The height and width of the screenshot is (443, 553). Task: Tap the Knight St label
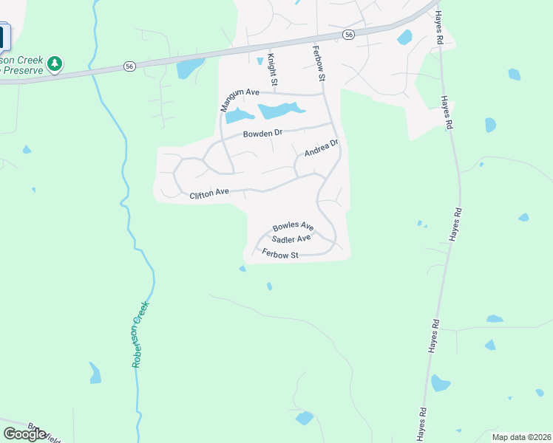click(x=271, y=68)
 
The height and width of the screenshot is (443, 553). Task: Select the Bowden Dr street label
click(x=262, y=134)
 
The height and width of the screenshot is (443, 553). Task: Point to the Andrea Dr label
click(x=322, y=149)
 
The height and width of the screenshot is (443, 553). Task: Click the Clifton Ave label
click(x=209, y=194)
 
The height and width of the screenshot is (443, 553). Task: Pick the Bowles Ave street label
click(x=293, y=227)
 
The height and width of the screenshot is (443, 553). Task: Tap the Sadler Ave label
click(x=291, y=239)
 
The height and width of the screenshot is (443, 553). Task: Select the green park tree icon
click(x=54, y=64)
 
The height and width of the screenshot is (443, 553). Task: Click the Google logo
click(x=24, y=433)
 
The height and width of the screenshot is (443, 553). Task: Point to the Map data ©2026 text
click(x=520, y=437)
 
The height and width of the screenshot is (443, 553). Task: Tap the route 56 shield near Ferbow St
click(x=348, y=35)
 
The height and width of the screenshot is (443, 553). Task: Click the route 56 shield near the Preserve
click(x=129, y=66)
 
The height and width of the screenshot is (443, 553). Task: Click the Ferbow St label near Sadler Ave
click(x=279, y=254)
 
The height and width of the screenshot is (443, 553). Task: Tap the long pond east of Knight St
click(x=280, y=111)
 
